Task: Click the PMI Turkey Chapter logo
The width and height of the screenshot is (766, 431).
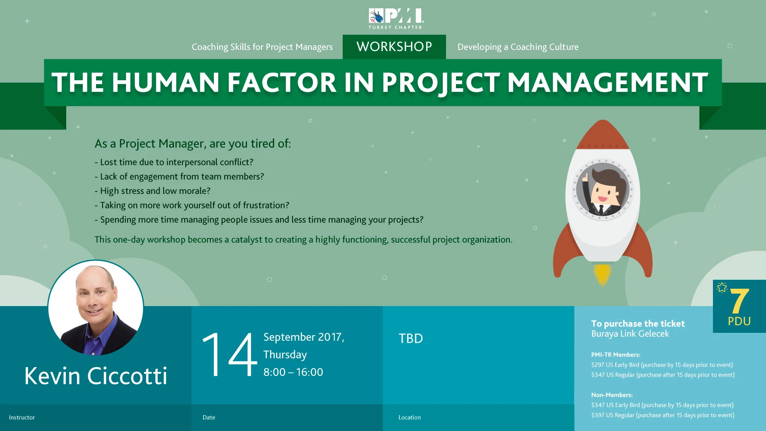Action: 396,19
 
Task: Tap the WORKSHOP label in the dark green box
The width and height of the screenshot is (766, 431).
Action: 394,47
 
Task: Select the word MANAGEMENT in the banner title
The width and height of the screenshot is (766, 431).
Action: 608,83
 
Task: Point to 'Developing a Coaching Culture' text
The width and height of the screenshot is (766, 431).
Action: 518,47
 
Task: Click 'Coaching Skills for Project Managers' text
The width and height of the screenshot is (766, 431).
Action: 262,47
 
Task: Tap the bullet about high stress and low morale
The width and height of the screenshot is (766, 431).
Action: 152,191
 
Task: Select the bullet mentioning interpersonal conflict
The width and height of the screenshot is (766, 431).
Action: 174,162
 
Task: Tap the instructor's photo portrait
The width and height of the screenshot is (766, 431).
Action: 96,308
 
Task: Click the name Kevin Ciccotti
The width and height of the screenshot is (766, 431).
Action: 96,376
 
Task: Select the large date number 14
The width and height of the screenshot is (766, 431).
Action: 229,354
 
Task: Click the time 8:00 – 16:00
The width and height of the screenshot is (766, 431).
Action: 293,372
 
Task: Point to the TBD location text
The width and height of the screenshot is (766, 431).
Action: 411,338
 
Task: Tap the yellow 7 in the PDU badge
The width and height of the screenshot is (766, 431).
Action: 739,301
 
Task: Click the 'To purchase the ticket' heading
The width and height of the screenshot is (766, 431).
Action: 638,324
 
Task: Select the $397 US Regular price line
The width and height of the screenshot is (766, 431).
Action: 663,415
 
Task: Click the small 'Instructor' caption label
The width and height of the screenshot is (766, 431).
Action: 22,417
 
